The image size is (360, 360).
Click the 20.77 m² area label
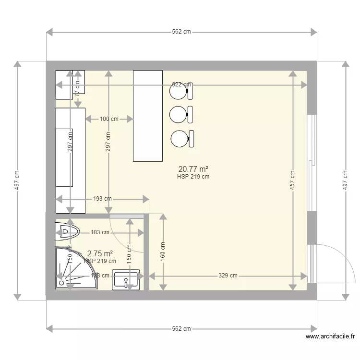coord(192,169)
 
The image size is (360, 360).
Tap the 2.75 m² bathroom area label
coord(100,253)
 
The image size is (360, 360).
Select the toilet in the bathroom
coord(67,231)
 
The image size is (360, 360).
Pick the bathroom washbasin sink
coord(126,280)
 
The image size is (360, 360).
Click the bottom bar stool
coord(182,138)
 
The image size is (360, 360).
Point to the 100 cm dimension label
coord(109,119)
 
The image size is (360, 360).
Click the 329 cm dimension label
coord(228,276)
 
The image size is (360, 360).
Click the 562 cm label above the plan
coord(181,32)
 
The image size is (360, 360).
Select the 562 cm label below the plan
coord(181,329)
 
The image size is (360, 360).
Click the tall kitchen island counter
coord(148,116)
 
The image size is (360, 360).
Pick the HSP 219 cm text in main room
coord(193,177)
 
